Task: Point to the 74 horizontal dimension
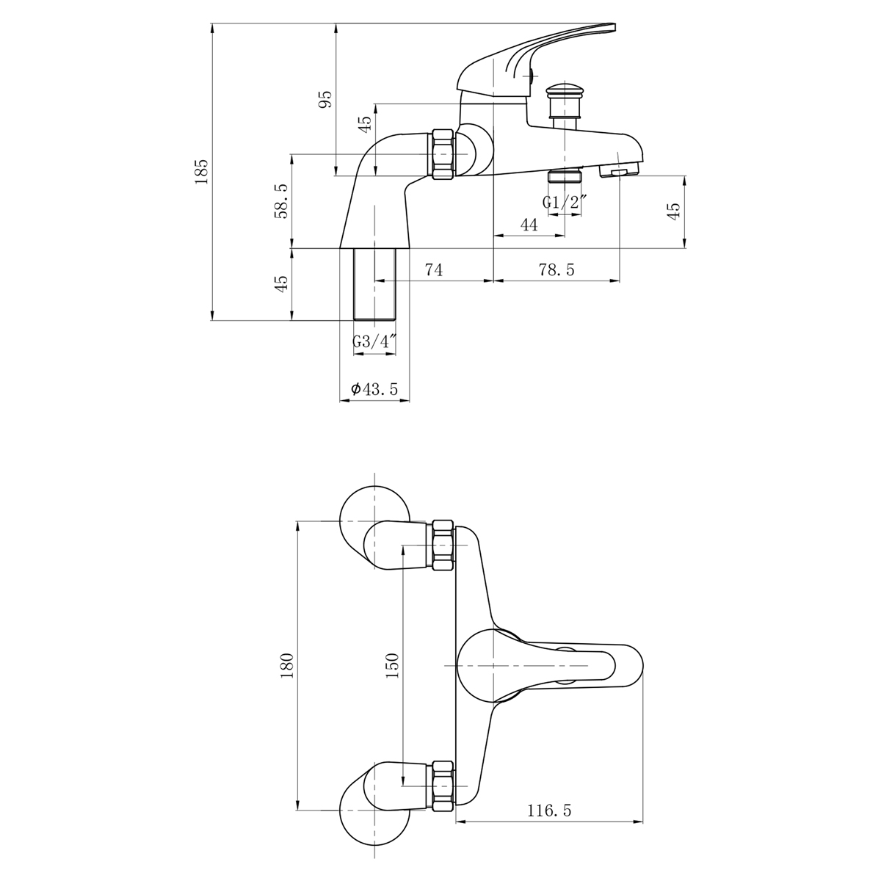coord(433,270)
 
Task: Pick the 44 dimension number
coord(529,225)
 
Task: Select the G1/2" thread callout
coord(565,203)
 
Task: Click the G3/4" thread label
coord(374,341)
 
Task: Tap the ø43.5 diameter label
coord(374,390)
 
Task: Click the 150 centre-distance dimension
coord(392,664)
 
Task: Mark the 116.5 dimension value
coord(548,811)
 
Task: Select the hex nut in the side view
coord(443,155)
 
